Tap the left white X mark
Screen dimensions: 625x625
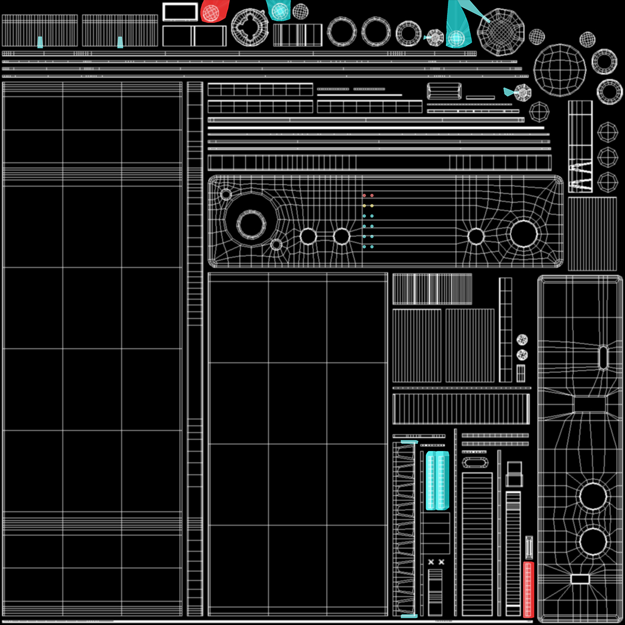point(431,562)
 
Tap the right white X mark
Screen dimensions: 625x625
point(442,562)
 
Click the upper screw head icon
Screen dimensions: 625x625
point(522,340)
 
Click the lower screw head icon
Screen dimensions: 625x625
point(522,355)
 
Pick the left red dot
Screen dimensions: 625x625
point(364,196)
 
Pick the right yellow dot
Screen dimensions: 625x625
point(372,206)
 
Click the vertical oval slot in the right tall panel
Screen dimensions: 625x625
point(603,357)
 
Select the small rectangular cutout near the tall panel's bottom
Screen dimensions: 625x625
point(580,579)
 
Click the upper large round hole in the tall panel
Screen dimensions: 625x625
point(593,496)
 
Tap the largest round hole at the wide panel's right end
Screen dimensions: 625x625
point(523,233)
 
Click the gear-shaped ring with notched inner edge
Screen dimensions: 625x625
point(250,27)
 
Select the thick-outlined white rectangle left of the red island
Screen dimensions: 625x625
point(180,11)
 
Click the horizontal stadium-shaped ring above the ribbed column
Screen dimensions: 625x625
point(473,463)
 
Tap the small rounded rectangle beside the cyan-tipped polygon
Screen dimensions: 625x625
point(444,91)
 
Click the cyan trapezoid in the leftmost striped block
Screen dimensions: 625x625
point(40,42)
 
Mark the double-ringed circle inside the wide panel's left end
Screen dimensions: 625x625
point(251,224)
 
